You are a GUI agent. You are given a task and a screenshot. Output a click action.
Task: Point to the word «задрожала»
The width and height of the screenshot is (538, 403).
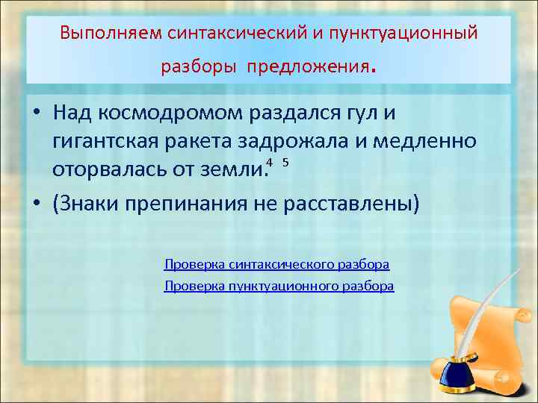tap(312, 142)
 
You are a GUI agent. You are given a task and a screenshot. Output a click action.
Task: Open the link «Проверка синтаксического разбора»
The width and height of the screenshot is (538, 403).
tap(276, 264)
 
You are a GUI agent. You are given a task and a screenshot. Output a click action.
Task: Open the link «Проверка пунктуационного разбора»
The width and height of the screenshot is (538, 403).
tap(279, 286)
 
